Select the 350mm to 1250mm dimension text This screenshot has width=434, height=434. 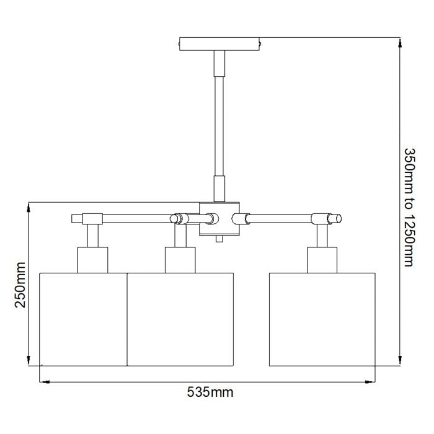408,206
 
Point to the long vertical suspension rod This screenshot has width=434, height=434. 219,124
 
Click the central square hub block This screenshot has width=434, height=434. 219,218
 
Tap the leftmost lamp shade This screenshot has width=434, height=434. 83,318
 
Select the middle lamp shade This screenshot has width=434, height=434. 180,318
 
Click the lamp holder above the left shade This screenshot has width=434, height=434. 92,259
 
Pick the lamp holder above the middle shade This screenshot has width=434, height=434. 180,259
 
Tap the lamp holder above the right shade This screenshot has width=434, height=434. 322,259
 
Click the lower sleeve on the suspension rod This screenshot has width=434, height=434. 219,188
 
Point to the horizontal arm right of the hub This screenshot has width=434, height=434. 282,218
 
